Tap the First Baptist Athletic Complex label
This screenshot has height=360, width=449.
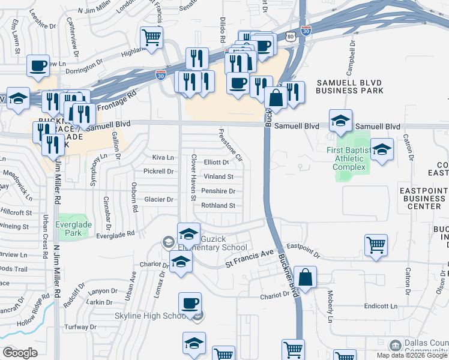point(349,158)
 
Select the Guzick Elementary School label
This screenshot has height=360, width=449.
point(218,242)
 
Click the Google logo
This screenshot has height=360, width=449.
point(20,353)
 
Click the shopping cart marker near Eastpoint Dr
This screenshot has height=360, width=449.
point(376,244)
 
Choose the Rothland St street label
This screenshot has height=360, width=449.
point(218,205)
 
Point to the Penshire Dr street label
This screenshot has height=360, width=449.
point(218,191)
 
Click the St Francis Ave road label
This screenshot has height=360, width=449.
point(249,259)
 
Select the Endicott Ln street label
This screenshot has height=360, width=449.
point(381,306)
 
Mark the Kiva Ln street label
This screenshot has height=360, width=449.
point(163,157)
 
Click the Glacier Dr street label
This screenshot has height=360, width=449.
point(159,199)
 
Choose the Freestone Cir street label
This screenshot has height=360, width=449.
point(231,145)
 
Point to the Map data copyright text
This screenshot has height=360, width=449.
point(412,355)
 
